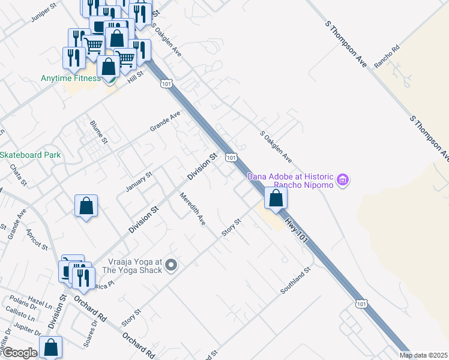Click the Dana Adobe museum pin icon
pos(343,179)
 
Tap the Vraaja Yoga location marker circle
pos(171,265)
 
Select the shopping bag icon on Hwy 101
pos(275,199)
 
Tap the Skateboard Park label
pos(29,155)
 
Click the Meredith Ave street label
pos(193,209)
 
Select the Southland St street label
pos(297,281)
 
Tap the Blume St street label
pos(98,133)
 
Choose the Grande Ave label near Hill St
pos(165,121)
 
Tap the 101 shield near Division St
pos(231,157)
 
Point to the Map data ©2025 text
pos(424,355)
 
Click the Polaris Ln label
pos(17,301)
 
